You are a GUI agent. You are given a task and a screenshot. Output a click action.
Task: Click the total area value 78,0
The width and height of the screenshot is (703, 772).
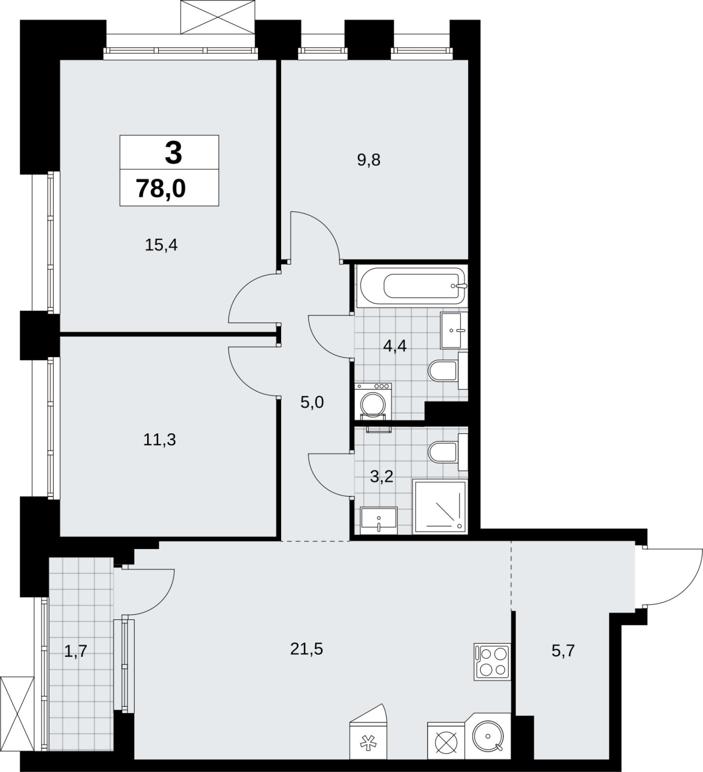[161, 188]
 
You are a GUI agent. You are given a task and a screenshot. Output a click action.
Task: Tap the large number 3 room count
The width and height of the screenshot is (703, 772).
[173, 152]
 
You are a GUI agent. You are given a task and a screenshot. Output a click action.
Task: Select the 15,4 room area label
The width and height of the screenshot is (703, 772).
[162, 245]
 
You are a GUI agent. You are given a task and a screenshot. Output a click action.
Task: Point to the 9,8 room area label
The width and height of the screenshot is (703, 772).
[369, 160]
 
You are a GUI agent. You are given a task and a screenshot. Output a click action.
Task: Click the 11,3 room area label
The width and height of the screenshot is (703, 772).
[160, 440]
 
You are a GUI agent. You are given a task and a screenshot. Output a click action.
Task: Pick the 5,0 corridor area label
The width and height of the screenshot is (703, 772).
[312, 402]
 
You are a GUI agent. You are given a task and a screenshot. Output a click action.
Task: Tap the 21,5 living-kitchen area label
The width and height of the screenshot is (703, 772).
[307, 649]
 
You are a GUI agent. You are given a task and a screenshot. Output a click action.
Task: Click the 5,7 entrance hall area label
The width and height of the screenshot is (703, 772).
[563, 651]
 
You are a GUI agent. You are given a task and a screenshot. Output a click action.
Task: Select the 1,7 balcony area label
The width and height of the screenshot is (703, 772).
[76, 651]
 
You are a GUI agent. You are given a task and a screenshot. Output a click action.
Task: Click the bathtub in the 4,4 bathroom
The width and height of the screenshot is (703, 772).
[413, 287]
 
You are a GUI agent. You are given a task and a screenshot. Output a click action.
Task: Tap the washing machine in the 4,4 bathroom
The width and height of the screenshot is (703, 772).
[373, 401]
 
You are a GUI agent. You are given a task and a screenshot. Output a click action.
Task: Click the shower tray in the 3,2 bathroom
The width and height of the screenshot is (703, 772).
[440, 507]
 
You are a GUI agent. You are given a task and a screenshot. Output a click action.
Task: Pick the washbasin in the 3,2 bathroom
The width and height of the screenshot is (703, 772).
[379, 520]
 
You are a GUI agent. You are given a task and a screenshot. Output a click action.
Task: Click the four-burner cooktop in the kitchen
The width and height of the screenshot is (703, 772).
[492, 662]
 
